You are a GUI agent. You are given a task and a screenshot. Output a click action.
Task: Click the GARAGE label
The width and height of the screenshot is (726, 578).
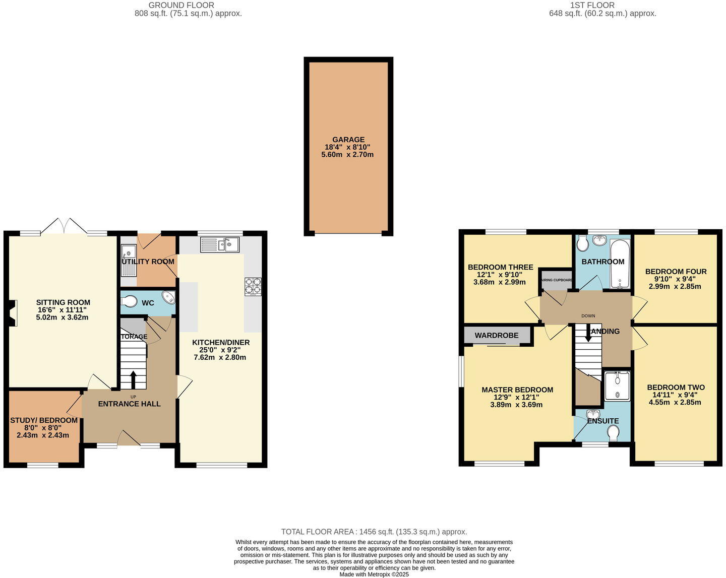[348, 140]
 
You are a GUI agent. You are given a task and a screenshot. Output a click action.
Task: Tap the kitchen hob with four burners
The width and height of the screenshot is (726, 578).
[253, 286]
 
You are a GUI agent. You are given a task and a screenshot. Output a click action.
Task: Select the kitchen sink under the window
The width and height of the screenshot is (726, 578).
[220, 245]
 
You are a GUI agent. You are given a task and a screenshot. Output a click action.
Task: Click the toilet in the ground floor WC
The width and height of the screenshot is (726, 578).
[129, 301]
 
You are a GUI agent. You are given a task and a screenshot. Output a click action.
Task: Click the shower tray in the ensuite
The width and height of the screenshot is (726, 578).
[617, 386]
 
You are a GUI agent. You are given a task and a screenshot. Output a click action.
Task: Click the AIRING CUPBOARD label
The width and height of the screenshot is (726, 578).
[557, 280]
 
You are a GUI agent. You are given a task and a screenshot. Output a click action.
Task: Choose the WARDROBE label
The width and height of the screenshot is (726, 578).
[496, 335]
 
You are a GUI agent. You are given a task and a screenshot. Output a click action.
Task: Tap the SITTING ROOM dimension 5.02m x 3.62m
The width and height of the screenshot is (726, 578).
[63, 317]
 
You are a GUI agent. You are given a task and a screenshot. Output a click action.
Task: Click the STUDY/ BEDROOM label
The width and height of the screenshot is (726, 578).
[44, 420]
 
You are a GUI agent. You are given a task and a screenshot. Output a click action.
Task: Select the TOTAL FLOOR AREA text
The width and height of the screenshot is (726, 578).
[374, 532]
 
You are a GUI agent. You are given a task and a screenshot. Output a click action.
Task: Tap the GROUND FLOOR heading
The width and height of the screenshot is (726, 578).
[181, 5]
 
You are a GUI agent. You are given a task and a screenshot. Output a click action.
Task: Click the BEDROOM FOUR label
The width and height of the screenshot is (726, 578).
[676, 271]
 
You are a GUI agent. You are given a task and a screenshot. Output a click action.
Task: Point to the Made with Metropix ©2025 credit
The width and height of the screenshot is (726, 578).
[374, 574]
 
